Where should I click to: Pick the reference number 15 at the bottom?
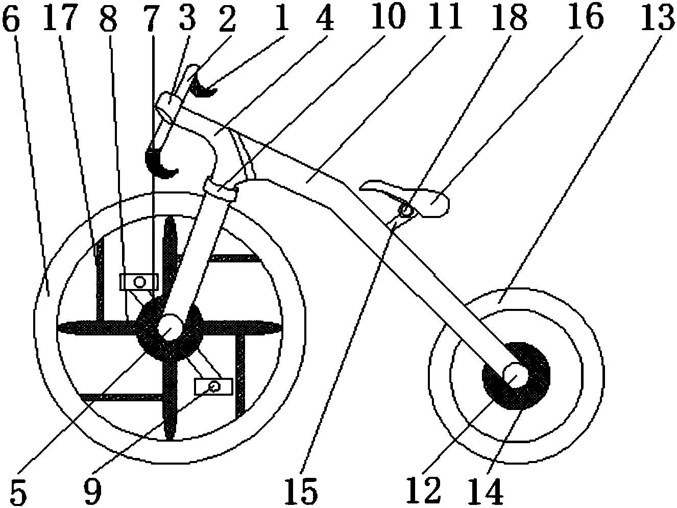click(x=301, y=491)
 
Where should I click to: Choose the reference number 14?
click(x=487, y=491)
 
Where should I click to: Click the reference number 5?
click(x=18, y=491)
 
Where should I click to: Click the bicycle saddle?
click(x=410, y=198)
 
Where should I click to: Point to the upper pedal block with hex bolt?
click(x=139, y=282)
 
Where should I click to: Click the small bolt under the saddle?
click(x=406, y=211)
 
